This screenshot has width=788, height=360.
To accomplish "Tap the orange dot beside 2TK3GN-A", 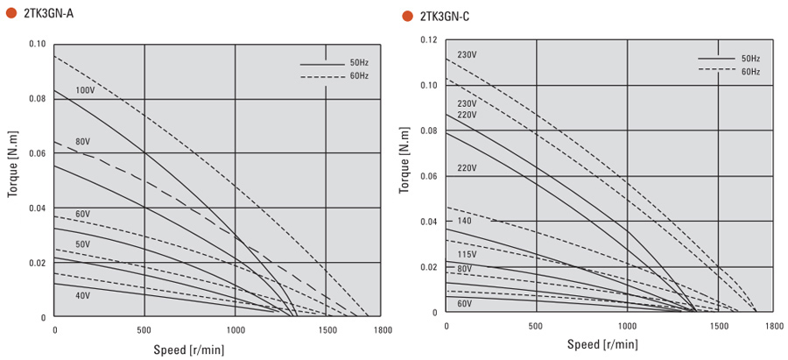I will coord(11,14).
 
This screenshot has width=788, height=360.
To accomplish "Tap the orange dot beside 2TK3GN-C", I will coord(407,16).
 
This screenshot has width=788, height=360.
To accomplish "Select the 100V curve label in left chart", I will coord(85,91).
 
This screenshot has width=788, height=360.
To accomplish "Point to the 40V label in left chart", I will coord(82,296).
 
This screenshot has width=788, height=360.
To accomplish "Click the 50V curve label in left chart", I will coord(82,244).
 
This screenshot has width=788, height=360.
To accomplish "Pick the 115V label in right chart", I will coord(467,255).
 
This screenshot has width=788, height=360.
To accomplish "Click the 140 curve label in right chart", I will coord(464,222).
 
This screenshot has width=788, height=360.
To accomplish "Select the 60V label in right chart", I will coord(464,304).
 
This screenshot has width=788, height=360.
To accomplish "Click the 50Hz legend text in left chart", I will coord(359,63).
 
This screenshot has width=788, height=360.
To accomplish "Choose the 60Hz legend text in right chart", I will coord(750,72).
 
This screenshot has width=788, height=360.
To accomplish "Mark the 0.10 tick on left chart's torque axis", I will coord(36,44).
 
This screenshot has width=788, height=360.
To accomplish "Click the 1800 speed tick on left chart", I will coord(381,330).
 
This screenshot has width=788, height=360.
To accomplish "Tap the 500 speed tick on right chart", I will coord(536,326).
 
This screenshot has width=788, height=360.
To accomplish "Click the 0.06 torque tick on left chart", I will coord(36,153).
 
